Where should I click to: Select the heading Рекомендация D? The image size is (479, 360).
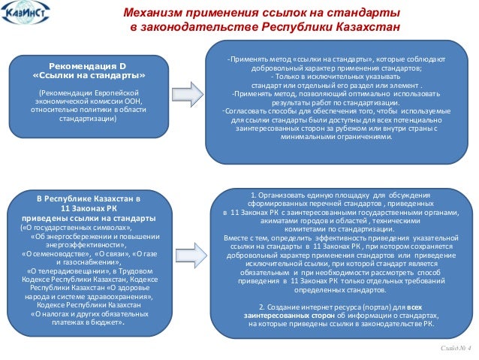click(87, 66)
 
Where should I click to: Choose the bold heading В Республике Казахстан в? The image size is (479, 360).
click(88, 198)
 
